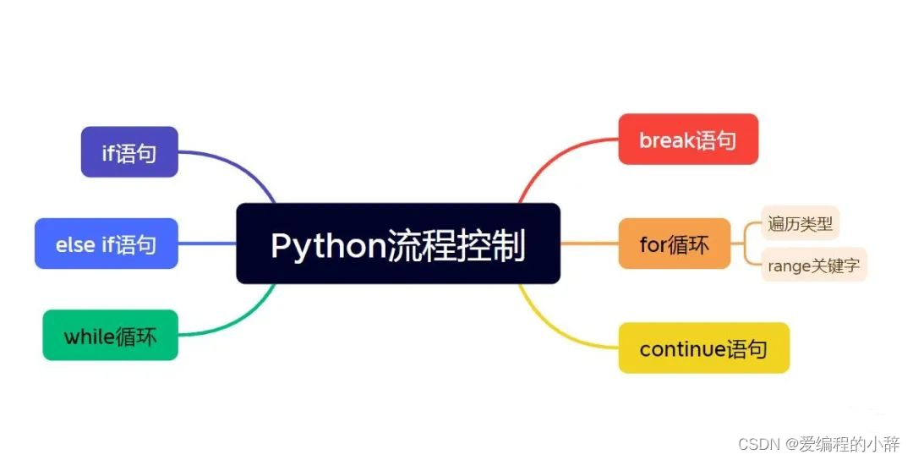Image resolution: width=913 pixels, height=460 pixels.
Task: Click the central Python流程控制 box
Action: tap(397, 244)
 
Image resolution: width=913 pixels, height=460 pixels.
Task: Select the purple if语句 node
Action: tap(129, 152)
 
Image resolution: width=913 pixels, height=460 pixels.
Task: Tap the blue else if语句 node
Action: tap(107, 244)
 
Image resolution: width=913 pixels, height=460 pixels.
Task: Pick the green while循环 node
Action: tap(110, 336)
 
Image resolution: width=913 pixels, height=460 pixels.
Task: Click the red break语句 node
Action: tap(688, 140)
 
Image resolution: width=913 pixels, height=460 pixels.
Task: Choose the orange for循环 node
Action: tap(674, 244)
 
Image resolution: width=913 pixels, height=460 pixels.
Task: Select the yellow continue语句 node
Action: tap(703, 348)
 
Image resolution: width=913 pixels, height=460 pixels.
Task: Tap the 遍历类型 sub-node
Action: tap(800, 223)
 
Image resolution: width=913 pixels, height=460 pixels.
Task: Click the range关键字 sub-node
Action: tap(813, 266)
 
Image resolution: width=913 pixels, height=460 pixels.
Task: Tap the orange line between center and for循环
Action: tap(589, 244)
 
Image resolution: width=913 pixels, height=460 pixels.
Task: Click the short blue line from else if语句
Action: tap(207, 244)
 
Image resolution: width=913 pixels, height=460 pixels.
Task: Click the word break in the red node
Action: tap(667, 140)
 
